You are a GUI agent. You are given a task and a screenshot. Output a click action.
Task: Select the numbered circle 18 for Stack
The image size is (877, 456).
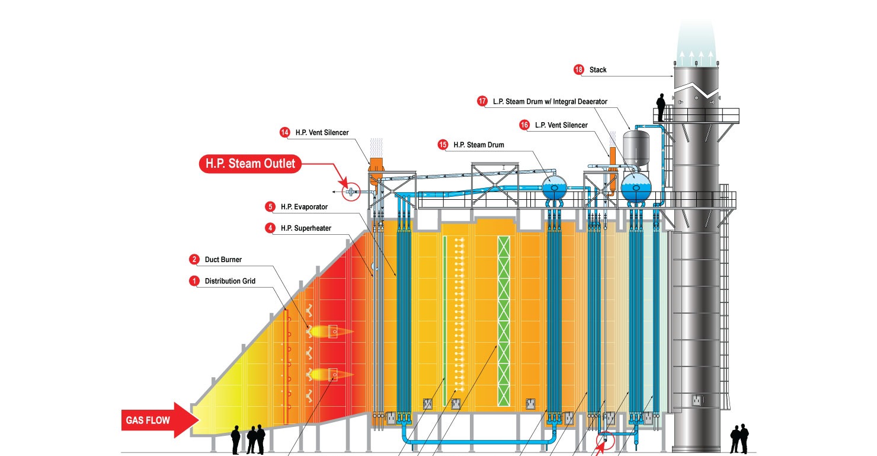[578, 70]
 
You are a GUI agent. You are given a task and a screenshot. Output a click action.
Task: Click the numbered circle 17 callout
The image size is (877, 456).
[482, 101]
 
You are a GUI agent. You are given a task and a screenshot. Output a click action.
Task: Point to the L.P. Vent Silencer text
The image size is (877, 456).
[561, 125]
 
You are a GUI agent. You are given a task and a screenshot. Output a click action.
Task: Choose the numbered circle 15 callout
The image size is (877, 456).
[443, 144]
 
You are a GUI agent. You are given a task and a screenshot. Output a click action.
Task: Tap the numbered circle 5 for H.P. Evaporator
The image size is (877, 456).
[270, 207]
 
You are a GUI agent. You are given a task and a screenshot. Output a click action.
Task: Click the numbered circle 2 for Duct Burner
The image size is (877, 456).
[194, 259]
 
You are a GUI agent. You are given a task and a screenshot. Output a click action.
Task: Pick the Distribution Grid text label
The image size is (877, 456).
[230, 281]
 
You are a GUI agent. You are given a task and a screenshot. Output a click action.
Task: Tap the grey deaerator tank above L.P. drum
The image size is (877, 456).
[636, 144]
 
